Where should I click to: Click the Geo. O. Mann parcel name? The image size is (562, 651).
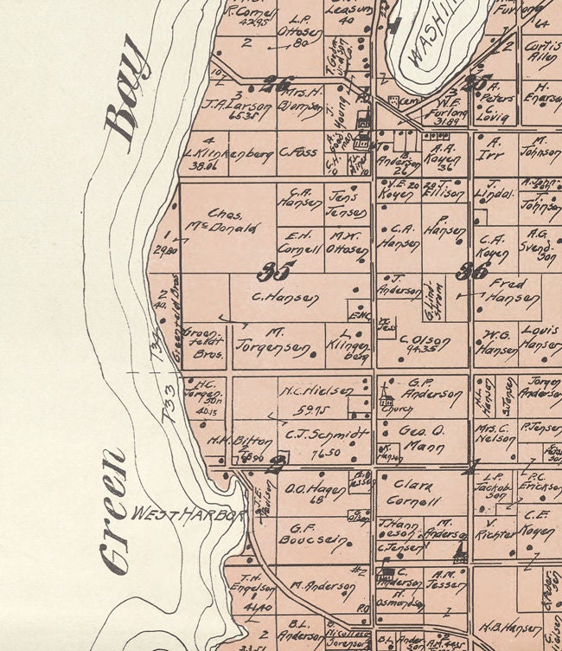pos(424,437)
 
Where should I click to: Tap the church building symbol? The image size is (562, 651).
pos(386,399)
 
